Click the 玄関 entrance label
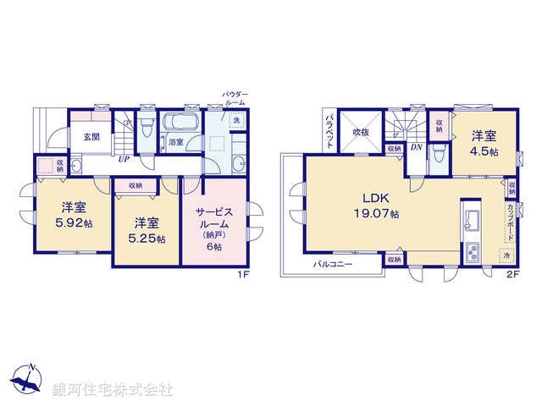80,136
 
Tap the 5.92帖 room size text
72,225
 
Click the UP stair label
124,158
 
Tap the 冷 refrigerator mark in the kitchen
506,255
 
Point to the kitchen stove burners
473,251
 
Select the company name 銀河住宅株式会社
113,390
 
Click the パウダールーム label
234,96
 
